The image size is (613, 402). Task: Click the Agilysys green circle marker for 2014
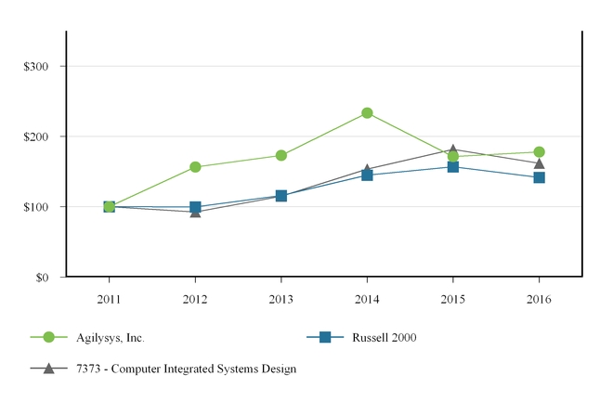pos(368,113)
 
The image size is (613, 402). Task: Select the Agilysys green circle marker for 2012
pos(195,167)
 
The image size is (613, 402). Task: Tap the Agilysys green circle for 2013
pos(281,155)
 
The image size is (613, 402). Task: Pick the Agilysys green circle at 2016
pos(540,151)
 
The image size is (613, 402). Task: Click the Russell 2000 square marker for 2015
pos(453,167)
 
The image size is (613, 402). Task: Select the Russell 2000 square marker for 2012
pos(195,207)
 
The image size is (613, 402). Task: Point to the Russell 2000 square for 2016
pos(540,177)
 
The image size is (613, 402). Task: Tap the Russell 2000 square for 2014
pos(368,175)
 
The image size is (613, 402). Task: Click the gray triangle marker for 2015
pos(453,149)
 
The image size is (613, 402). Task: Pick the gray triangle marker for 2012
pos(195,213)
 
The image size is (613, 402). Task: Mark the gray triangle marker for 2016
pos(540,163)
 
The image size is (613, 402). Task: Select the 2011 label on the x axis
pos(109,299)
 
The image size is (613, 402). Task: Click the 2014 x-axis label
pos(368,299)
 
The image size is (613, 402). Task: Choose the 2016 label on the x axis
pos(540,299)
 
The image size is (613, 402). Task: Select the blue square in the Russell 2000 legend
pos(326,337)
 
